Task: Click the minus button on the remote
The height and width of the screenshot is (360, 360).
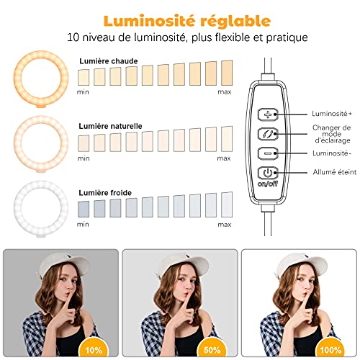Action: click(x=269, y=153)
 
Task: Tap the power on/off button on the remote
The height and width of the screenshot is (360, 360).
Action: click(x=269, y=173)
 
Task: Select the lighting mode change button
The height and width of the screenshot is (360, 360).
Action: click(x=269, y=133)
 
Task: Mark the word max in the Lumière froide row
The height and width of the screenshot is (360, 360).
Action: click(x=225, y=223)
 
